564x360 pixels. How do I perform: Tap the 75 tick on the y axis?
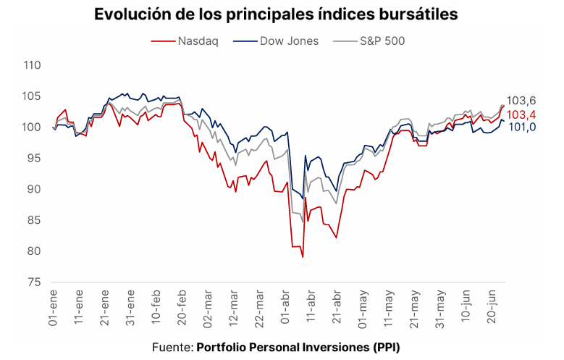coord(33,282)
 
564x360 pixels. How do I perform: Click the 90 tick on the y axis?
coord(33,189)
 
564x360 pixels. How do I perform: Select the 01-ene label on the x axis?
coord(53,306)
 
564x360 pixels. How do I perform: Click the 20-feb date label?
coord(182,306)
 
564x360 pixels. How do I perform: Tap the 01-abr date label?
coord(286,306)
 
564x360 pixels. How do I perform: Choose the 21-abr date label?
coord(337,306)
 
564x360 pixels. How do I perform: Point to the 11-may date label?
coord(390,306)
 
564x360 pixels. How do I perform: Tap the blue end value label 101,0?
coord(521,127)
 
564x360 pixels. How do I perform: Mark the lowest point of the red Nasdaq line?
coord(303,257)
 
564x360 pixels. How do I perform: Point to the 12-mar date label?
coord(234,306)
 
